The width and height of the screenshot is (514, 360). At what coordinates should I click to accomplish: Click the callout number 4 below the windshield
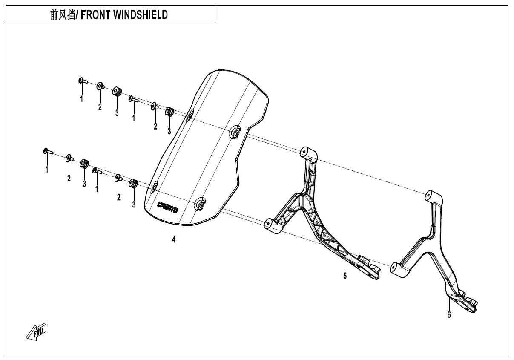pos(174,239)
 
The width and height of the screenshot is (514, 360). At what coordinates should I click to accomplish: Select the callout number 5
pos(345,276)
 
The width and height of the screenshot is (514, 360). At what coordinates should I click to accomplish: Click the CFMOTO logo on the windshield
pos(168,207)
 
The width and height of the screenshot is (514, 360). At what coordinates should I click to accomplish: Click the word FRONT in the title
pos(95,15)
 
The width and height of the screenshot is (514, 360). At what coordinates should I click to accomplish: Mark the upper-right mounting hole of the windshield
pos(234,132)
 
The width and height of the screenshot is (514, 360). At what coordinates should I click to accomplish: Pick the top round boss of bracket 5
pos(305,151)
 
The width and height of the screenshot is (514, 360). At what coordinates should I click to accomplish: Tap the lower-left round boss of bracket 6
pos(393,268)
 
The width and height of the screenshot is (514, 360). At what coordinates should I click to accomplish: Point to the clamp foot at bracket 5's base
pos(368,268)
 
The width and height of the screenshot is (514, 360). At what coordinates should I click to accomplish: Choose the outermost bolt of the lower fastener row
pos(46,151)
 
